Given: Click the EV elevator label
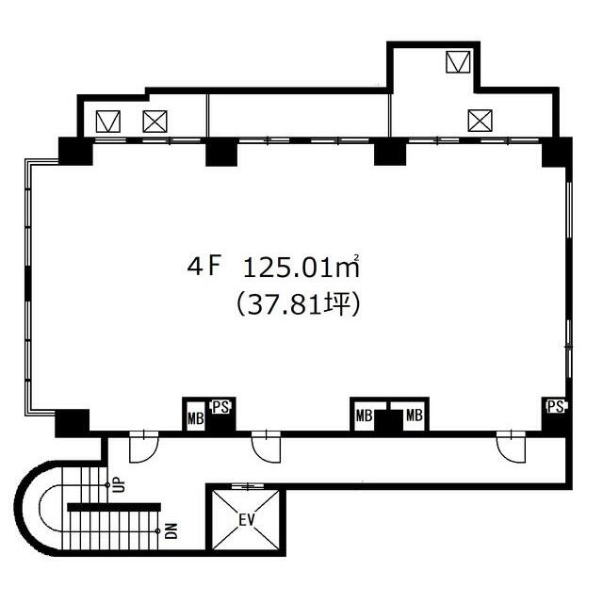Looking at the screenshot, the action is [247, 520].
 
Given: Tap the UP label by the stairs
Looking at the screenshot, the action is [119, 484].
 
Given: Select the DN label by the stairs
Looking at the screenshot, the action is [172, 531].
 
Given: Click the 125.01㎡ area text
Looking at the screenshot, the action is [301, 267].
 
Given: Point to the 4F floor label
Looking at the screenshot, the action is [204, 266].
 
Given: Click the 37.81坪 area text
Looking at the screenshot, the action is [299, 304].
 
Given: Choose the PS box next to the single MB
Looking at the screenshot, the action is [220, 407].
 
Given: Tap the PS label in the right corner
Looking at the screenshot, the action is [556, 406].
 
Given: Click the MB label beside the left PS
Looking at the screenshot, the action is [195, 418].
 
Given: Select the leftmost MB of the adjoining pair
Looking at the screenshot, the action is [364, 416].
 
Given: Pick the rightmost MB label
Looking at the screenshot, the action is [415, 416].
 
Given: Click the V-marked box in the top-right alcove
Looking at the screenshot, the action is [458, 62].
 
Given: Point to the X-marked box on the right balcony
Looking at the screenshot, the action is [480, 121].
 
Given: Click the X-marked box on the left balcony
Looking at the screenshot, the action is [155, 122].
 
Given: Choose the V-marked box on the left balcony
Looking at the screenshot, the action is [108, 122].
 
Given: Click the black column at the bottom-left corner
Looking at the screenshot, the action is [73, 423].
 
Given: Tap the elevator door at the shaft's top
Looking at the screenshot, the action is [248, 486].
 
